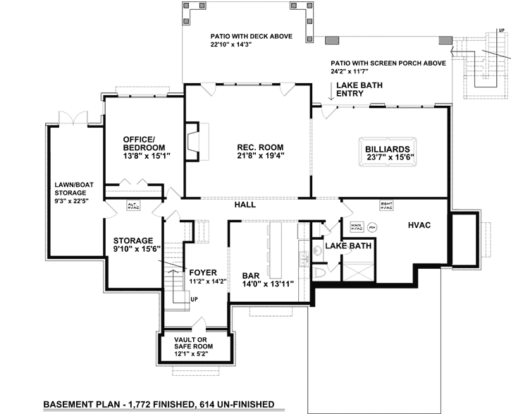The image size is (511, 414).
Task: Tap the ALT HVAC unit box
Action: [x=133, y=205]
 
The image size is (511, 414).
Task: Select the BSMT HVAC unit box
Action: [x=386, y=206]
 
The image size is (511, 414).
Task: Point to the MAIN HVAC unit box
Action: [x=356, y=227]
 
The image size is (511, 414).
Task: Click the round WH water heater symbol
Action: [x=372, y=227]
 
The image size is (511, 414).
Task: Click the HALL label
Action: [x=245, y=205]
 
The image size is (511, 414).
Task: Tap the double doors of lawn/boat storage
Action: [x=72, y=116]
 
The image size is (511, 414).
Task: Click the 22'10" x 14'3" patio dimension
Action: [x=231, y=44]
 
